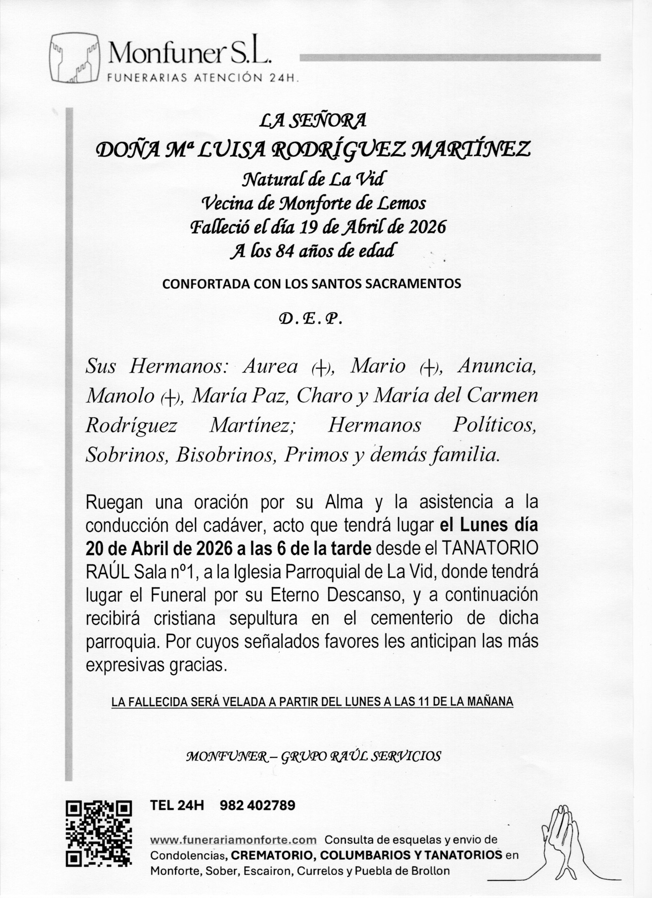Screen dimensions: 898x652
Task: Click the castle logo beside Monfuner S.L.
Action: [75, 58]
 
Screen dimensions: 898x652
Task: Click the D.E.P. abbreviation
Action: [311, 319]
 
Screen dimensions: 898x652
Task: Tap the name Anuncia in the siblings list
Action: [497, 367]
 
